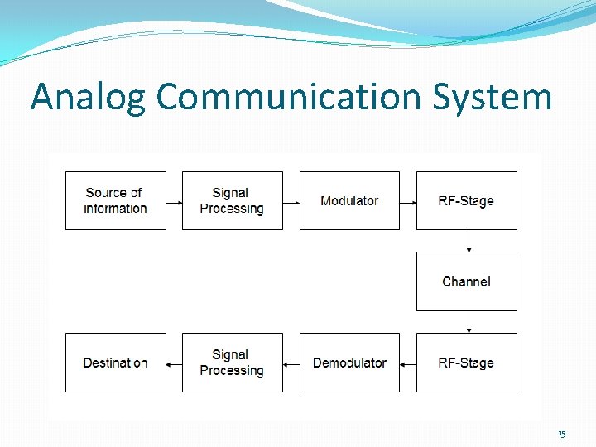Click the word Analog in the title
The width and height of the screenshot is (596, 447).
[x=89, y=97]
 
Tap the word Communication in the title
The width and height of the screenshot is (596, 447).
[x=289, y=97]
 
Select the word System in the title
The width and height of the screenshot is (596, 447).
[x=492, y=97]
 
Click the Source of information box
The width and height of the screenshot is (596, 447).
[x=115, y=200]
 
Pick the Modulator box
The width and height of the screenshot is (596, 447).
[x=349, y=200]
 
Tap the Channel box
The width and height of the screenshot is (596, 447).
[x=466, y=281]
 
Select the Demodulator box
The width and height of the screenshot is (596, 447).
[x=349, y=363]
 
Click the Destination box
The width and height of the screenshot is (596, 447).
[x=115, y=363]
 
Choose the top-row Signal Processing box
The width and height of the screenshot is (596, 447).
[x=232, y=200]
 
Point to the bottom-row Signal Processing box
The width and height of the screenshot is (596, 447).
[x=232, y=363]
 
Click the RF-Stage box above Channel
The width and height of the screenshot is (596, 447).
[x=466, y=200]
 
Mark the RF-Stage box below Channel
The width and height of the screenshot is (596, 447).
[x=466, y=363]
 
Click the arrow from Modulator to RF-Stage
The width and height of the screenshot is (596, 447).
[x=407, y=201]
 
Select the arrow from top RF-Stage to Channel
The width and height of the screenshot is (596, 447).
[x=469, y=241]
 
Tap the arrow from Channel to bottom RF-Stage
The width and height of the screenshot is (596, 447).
[x=469, y=322]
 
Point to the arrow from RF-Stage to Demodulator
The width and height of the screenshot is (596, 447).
[x=407, y=363]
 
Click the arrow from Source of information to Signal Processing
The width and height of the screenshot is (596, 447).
[x=173, y=201]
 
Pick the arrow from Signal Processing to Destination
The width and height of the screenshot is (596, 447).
[x=173, y=363]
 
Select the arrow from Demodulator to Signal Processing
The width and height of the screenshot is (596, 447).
[x=291, y=363]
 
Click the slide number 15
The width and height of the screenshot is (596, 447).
[x=562, y=434]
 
